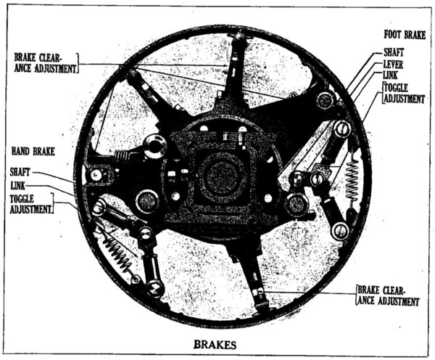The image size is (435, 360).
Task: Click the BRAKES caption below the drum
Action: (215, 345)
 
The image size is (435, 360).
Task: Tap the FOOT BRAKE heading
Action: (405, 36)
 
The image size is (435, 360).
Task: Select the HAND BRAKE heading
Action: (33, 152)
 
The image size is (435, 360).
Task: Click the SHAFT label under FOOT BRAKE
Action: (394, 52)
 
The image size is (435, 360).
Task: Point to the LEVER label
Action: (393, 65)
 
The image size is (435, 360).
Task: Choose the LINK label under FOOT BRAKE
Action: (390, 75)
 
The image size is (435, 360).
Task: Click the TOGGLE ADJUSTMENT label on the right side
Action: (404, 94)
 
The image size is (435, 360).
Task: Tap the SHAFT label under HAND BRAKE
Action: (20, 172)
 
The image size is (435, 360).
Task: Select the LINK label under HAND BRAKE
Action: (17, 185)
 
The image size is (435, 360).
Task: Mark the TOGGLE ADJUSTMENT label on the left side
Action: (30, 204)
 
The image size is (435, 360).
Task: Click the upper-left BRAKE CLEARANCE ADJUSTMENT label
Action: (45, 62)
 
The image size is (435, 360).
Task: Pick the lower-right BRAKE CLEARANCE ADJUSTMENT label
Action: (388, 295)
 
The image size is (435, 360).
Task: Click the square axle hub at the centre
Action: (221, 178)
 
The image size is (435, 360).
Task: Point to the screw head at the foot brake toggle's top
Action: (342, 128)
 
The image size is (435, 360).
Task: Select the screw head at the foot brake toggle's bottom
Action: (340, 231)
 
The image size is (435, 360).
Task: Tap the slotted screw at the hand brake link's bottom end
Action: (155, 288)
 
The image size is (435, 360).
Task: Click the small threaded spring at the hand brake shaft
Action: (122, 156)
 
